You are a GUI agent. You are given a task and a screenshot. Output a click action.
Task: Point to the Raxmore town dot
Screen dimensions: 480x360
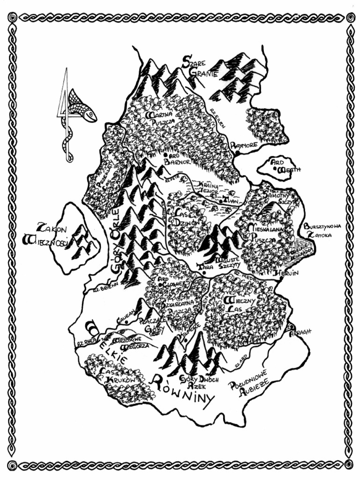click(238, 152)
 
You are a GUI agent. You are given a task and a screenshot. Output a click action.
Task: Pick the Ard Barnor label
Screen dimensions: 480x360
click(177, 159)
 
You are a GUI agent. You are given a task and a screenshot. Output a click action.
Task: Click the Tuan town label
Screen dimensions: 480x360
click(232, 200)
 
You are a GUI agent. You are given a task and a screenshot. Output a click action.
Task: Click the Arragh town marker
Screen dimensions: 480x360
click(292, 328)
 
